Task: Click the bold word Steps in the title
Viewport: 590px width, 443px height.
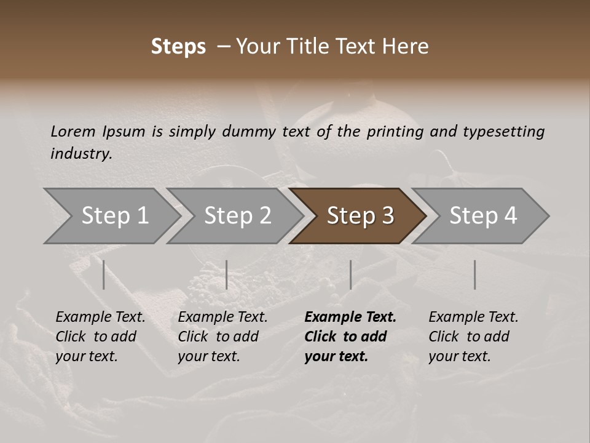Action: click(x=178, y=47)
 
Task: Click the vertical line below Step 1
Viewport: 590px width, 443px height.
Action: click(x=104, y=274)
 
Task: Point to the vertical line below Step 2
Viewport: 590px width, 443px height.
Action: click(x=227, y=274)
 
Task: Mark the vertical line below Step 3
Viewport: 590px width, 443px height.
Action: click(x=350, y=274)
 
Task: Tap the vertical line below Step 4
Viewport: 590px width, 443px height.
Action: click(x=474, y=274)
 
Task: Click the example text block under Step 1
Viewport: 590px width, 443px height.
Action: click(x=100, y=337)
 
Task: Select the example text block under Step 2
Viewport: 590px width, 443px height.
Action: click(x=222, y=337)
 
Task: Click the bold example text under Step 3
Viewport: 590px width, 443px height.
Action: click(x=350, y=337)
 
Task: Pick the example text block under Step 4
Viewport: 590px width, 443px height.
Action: click(x=473, y=337)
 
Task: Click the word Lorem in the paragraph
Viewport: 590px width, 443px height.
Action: click(x=73, y=131)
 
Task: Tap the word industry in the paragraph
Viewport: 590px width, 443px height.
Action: click(x=81, y=153)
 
